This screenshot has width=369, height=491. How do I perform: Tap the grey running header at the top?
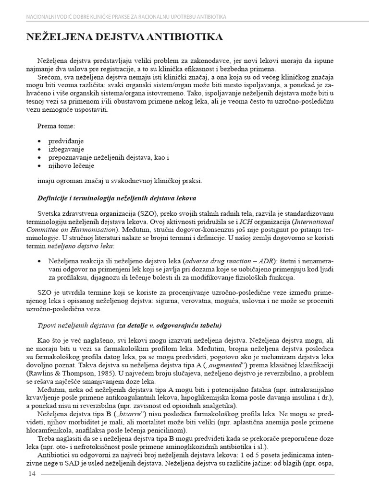tap(126, 17)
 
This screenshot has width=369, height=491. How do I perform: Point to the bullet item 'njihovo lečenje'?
tap(71, 165)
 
